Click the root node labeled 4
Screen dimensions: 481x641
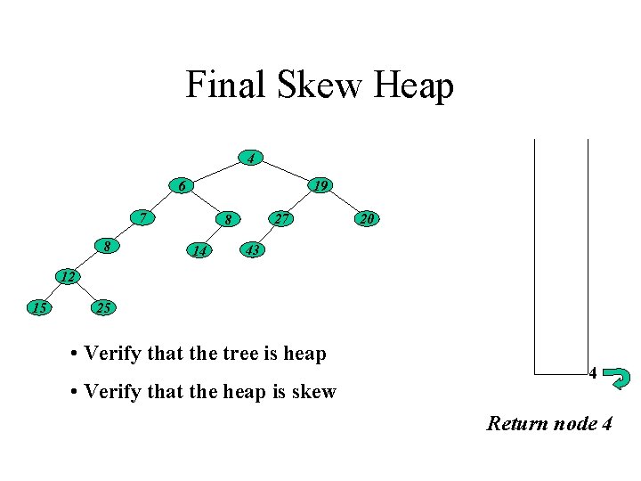point(252,159)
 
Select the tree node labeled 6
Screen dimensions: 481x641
point(183,186)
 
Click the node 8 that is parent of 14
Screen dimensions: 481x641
point(228,218)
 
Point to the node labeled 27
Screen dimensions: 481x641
point(281,218)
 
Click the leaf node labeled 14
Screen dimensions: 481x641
point(200,251)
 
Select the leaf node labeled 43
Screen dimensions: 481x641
point(252,251)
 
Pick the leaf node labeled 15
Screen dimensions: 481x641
point(38,308)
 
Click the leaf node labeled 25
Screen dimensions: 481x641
point(102,308)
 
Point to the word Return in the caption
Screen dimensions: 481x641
point(516,423)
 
